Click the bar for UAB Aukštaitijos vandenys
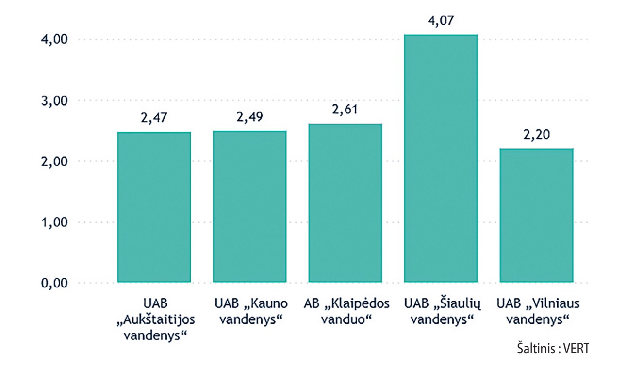tap(154, 207)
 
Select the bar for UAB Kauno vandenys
tap(250, 207)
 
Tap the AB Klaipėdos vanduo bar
tap(346, 203)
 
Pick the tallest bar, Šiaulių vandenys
tap(441, 159)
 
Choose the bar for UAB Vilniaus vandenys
tap(537, 215)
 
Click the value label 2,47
tap(154, 119)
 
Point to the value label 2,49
tap(250, 118)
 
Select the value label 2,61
tap(345, 110)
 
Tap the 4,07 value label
tap(441, 21)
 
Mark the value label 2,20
tap(537, 135)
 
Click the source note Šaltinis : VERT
tap(552, 350)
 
